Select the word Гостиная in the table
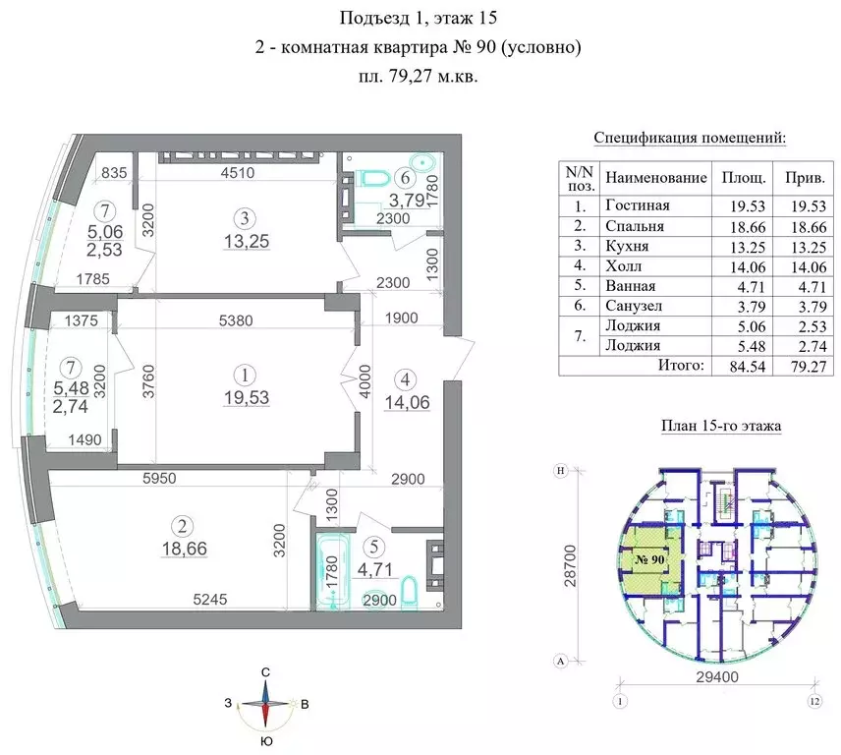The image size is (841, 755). pos(637,205)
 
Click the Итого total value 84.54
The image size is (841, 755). pos(739,365)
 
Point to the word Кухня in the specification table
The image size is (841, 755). pos(628,246)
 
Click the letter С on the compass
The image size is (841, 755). pos(265,671)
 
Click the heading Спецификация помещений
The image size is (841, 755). pos(691,138)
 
